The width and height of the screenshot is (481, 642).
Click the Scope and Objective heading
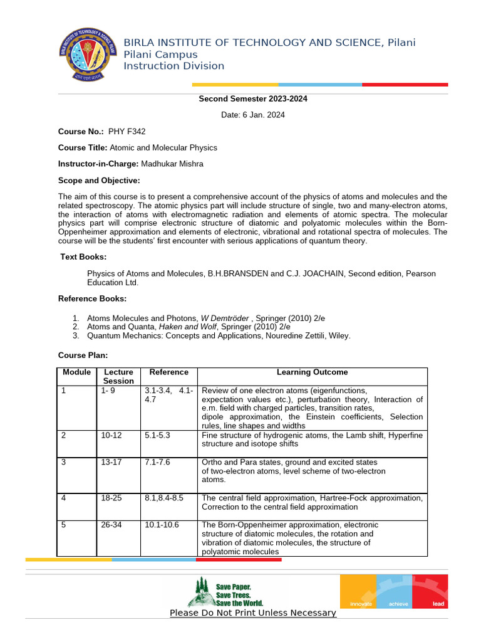[x=99, y=181]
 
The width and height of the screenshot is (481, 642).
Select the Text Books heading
[x=83, y=256]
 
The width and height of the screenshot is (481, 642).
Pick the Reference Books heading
[x=92, y=298]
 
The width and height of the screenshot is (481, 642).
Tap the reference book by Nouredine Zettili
[x=219, y=335]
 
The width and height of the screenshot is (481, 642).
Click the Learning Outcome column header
[x=312, y=372]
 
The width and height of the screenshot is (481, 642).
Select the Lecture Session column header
[x=118, y=376]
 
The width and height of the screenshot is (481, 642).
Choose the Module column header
[x=76, y=372]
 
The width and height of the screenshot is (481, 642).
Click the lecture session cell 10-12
[x=111, y=434]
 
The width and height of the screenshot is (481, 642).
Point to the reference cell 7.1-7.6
[x=157, y=462]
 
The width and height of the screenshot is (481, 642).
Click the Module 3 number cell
[x=64, y=462]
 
